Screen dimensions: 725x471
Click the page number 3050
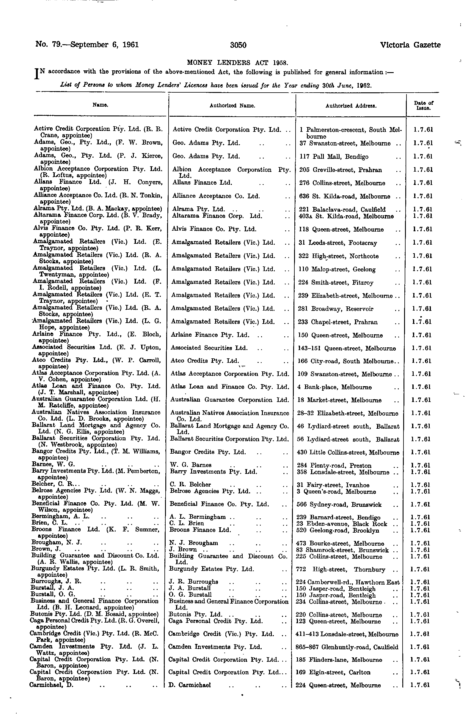pyautogui.click(x=238, y=45)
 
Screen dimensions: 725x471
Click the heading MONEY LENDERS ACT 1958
pyautogui.click(x=237, y=63)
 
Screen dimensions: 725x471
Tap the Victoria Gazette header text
pyautogui.click(x=410, y=45)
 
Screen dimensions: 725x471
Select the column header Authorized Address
pyautogui.click(x=351, y=106)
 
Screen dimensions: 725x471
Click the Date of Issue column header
pyautogui.click(x=424, y=105)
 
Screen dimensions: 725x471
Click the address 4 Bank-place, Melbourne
pyautogui.click(x=334, y=387)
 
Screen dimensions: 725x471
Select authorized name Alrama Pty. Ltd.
pyautogui.click(x=199, y=209)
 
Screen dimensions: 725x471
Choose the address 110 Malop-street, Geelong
pyautogui.click(x=337, y=269)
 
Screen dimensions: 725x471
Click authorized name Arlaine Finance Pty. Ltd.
pyautogui.click(x=210, y=335)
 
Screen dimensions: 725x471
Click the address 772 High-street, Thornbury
pyautogui.click(x=341, y=570)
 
